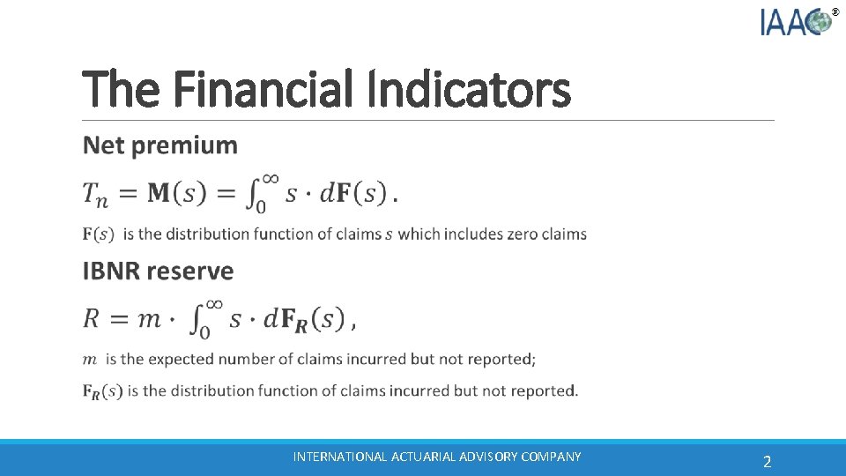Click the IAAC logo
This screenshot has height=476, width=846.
(x=798, y=21)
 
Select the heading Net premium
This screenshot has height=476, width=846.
(x=160, y=145)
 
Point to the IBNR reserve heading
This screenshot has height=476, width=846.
(x=158, y=271)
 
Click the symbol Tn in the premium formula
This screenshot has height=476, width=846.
(x=96, y=195)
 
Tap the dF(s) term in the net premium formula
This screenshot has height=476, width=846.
(x=352, y=194)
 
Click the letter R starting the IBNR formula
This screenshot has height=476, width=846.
(x=91, y=318)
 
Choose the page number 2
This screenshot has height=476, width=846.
(x=767, y=462)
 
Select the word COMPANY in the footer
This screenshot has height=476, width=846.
(x=551, y=457)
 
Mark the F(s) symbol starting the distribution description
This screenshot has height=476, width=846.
(x=98, y=234)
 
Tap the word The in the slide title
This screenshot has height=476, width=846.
(x=118, y=90)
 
